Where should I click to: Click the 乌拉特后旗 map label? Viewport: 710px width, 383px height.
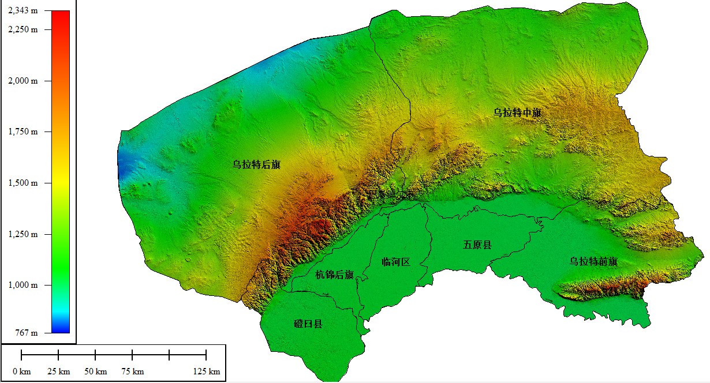pos(256,164)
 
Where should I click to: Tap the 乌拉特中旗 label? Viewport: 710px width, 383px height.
pos(517,112)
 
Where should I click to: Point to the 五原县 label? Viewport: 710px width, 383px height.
pos(477,245)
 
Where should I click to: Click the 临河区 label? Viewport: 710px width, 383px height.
pos(396,262)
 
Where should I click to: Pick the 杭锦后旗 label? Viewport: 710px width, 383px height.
pos(335,275)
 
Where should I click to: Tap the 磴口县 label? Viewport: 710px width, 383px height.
pos(308,324)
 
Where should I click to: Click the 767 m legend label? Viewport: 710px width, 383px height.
pos(27,333)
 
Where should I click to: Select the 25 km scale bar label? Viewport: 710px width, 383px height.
pos(58,371)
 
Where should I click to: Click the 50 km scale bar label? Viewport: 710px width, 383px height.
pos(95,371)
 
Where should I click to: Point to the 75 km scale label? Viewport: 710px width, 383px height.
pos(132,371)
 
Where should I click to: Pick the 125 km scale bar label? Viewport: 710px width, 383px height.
pos(206,371)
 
